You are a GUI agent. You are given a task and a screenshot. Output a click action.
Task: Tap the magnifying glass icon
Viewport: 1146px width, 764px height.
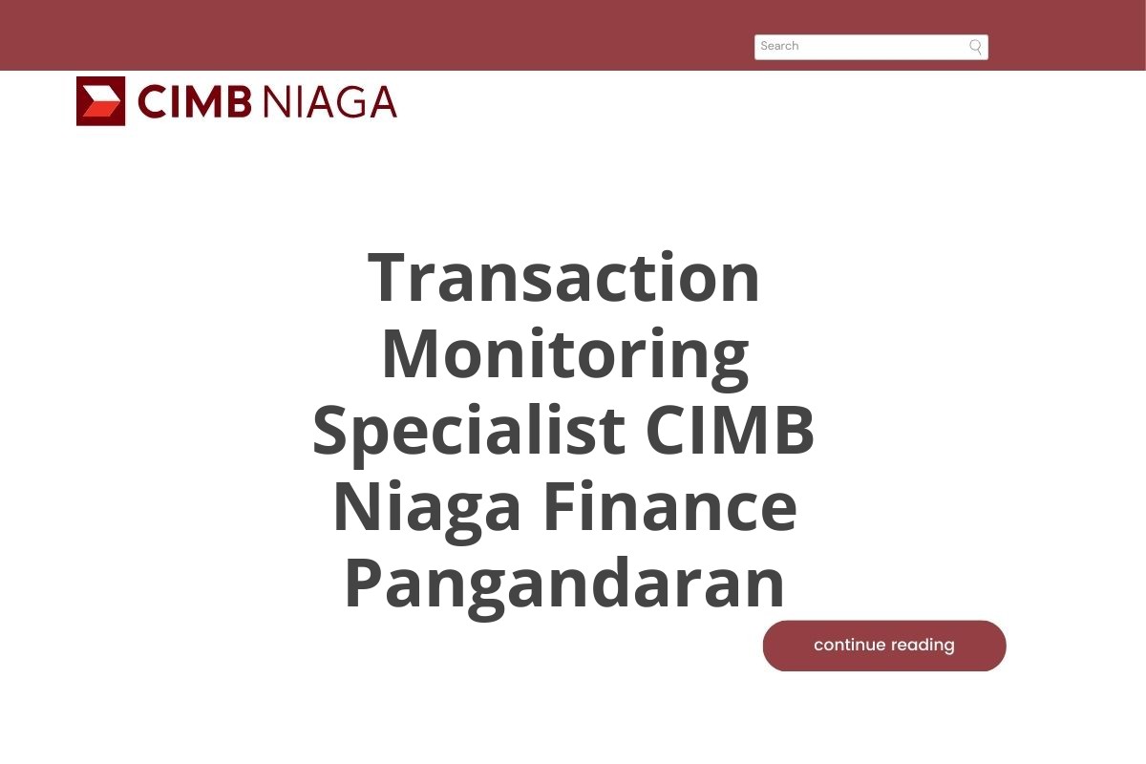tap(975, 47)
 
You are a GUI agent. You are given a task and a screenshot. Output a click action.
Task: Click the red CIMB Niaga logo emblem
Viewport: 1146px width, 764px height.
tap(100, 101)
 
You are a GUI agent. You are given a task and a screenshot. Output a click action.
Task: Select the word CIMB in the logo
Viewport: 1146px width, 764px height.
tap(194, 101)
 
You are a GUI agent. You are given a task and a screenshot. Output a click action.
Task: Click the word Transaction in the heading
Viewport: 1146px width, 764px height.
tap(563, 278)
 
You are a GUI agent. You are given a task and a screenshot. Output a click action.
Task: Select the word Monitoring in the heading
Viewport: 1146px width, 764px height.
tap(563, 354)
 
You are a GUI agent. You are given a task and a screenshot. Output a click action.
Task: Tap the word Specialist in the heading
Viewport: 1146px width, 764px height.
tap(468, 431)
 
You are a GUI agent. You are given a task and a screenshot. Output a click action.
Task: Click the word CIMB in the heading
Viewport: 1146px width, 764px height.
tap(731, 431)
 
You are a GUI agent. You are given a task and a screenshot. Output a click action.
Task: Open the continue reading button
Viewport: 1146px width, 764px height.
tap(884, 646)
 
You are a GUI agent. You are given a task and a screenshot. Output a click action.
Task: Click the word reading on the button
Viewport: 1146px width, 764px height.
tap(923, 646)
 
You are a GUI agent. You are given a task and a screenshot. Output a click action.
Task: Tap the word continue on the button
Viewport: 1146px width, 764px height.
tap(850, 646)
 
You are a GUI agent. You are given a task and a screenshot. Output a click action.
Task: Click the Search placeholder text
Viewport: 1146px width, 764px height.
tap(779, 46)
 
